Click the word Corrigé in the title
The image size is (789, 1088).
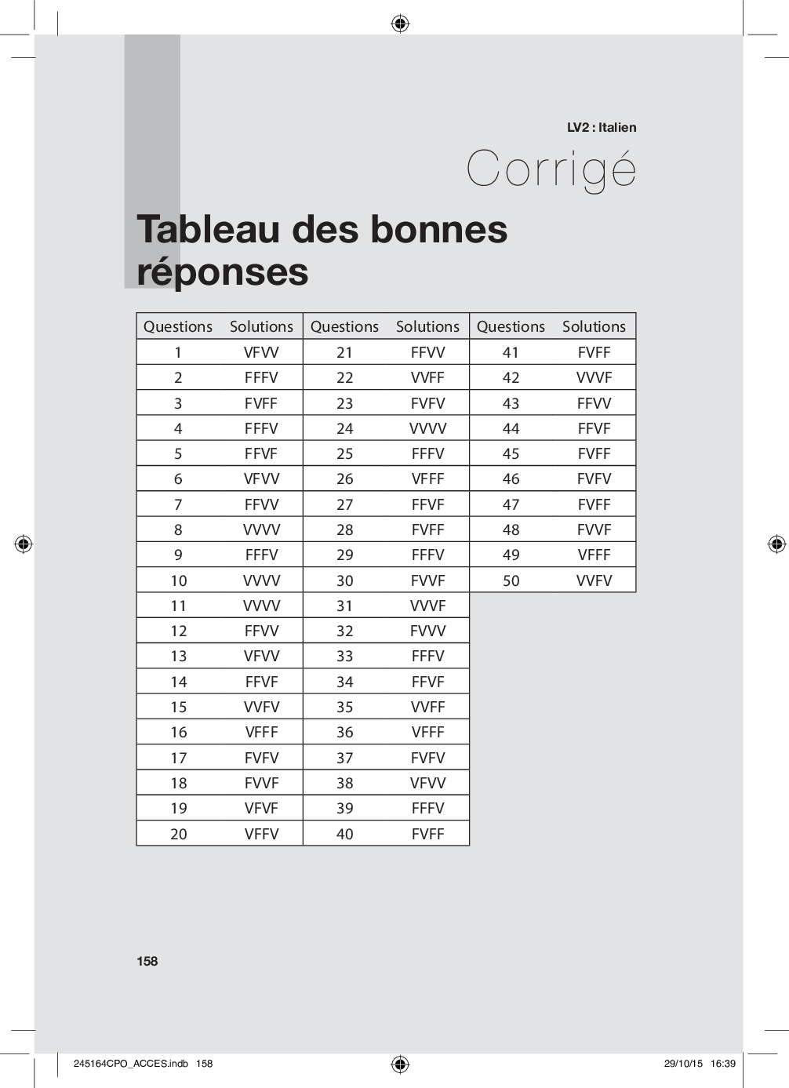551,169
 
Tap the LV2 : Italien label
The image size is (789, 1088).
602,127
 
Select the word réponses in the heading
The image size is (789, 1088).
223,271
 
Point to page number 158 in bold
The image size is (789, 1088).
147,961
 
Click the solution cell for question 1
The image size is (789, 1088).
261,352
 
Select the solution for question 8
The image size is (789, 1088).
261,529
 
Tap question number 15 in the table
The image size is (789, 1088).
179,707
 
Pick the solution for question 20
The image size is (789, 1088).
261,834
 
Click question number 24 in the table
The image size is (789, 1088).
345,428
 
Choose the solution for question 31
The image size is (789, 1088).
427,606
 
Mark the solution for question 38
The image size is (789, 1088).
427,783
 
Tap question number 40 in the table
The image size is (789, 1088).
345,834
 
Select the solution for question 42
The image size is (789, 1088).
594,377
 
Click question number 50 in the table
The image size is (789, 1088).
511,580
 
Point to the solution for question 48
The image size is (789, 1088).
594,529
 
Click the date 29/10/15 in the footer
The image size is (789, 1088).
683,1064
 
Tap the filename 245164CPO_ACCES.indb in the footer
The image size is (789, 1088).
131,1064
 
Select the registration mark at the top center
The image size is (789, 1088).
400,24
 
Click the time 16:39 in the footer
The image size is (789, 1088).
723,1064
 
